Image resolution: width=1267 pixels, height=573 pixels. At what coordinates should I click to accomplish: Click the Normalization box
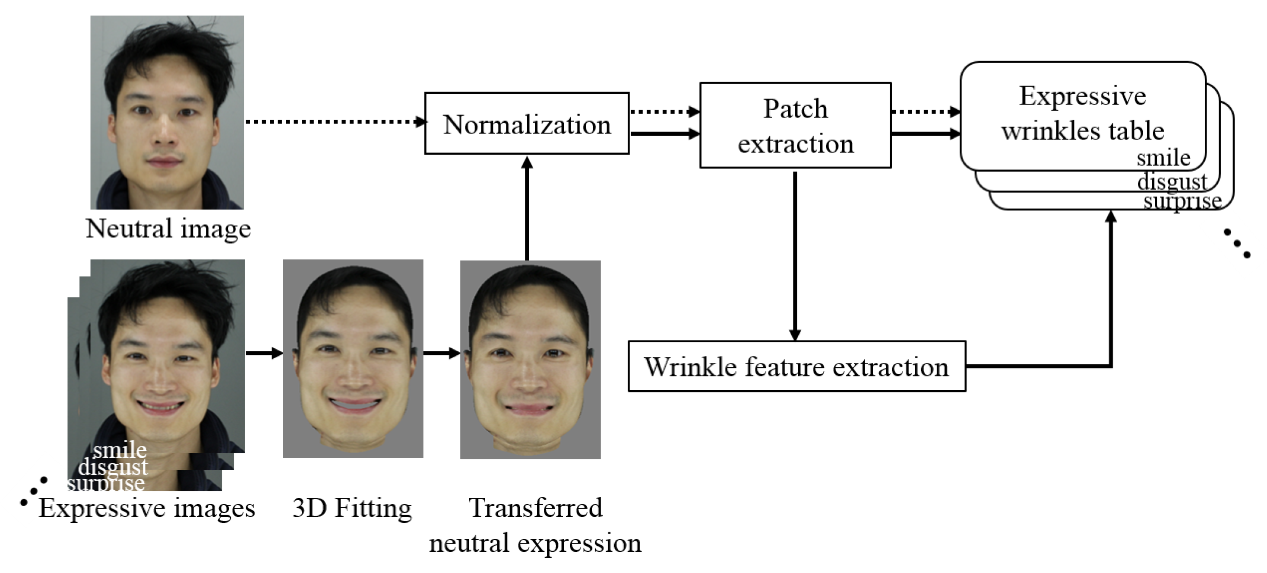[526, 124]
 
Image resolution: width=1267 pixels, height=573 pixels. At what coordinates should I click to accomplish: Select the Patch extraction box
[795, 125]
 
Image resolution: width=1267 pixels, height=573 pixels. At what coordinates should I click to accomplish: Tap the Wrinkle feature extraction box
[796, 367]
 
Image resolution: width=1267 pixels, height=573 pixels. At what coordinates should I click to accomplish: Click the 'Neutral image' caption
[168, 229]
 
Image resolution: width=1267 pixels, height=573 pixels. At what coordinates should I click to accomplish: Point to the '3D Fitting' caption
[352, 508]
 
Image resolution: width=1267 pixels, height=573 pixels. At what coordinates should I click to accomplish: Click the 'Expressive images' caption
[147, 508]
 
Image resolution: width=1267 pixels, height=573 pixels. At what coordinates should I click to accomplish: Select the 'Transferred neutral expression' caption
[535, 525]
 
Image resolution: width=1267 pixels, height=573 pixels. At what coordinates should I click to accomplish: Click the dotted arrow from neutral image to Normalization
[335, 121]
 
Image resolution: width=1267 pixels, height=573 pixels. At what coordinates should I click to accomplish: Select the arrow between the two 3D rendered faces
[441, 353]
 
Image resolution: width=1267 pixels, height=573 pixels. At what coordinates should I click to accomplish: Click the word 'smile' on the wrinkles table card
[1163, 158]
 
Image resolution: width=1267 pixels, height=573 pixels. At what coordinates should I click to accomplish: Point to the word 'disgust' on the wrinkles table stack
[1172, 181]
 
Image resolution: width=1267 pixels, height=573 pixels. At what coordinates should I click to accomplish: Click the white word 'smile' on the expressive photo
[120, 450]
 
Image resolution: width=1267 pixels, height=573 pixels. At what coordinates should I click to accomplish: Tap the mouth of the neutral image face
[164, 162]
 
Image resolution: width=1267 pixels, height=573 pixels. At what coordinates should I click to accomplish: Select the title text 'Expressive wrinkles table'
[1083, 113]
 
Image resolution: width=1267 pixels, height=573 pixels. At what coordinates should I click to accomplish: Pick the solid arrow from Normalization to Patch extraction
[664, 134]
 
